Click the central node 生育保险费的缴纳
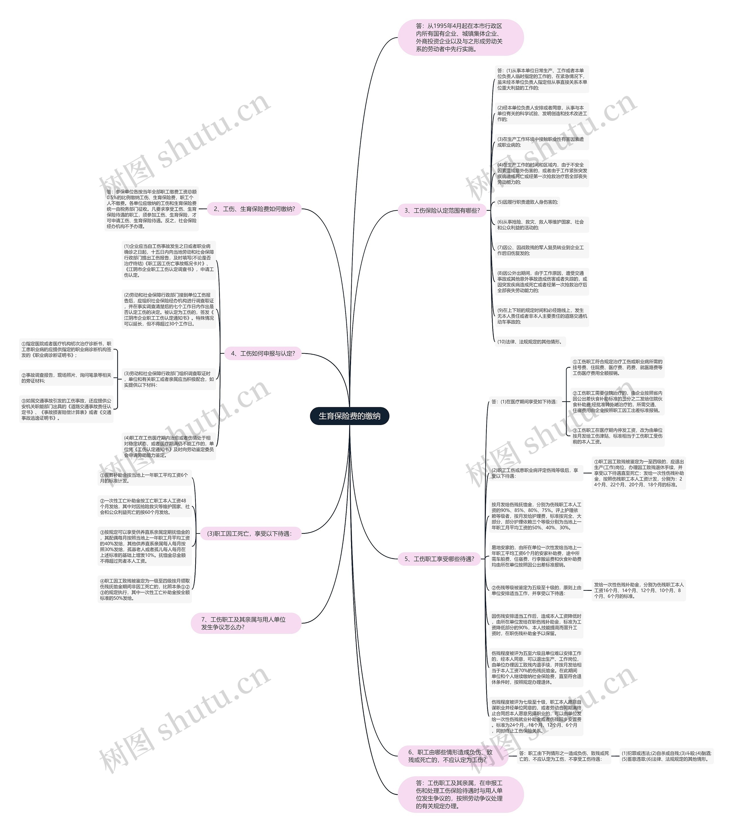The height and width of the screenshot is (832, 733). [349, 416]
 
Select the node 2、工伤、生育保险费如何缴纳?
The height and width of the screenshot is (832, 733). [254, 209]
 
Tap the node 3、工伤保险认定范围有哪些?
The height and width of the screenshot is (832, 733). [442, 211]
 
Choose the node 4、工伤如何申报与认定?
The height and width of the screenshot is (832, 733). [263, 353]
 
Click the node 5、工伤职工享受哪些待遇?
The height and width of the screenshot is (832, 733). [439, 559]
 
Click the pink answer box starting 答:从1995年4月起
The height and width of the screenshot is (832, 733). [460, 38]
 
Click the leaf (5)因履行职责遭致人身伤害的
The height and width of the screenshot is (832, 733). [527, 202]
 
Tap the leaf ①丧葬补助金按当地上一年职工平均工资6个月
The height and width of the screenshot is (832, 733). [145, 477]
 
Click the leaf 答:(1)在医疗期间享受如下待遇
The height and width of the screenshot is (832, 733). [525, 402]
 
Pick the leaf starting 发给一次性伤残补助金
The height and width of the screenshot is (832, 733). [639, 590]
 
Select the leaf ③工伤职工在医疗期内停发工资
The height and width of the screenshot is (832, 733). [617, 436]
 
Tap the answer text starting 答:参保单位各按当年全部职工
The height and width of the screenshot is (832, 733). [151, 209]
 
